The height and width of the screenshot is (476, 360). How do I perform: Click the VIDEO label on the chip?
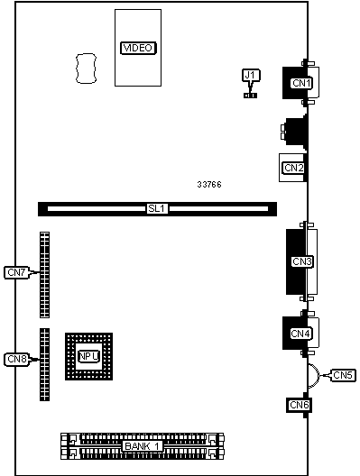pos(138,48)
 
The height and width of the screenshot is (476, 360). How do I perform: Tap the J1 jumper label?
pos(251,75)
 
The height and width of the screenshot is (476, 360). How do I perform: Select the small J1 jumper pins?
pos(250,96)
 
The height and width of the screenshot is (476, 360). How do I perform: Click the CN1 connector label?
pos(302,83)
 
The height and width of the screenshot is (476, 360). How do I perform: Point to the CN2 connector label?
pos(294,168)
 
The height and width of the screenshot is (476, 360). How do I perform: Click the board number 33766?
pos(209,184)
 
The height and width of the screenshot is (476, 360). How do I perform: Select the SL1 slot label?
pos(157,208)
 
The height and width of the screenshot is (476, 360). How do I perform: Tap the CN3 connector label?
pos(302,261)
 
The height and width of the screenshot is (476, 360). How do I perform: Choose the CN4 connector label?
pos(300,334)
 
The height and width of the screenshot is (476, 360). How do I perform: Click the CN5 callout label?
pos(342,375)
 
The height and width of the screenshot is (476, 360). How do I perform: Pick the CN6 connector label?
pos(300,405)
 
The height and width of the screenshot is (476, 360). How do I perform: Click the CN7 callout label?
pos(16,272)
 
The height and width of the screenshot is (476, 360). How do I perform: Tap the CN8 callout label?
pos(17,359)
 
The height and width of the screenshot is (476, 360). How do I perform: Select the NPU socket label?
pos(88,356)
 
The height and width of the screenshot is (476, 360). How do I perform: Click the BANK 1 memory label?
pos(143,446)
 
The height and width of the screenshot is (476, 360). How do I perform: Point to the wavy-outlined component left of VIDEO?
pos(86,69)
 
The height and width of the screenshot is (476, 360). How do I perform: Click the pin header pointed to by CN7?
pos(44,275)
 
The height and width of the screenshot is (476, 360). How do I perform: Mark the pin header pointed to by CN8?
pos(44,364)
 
